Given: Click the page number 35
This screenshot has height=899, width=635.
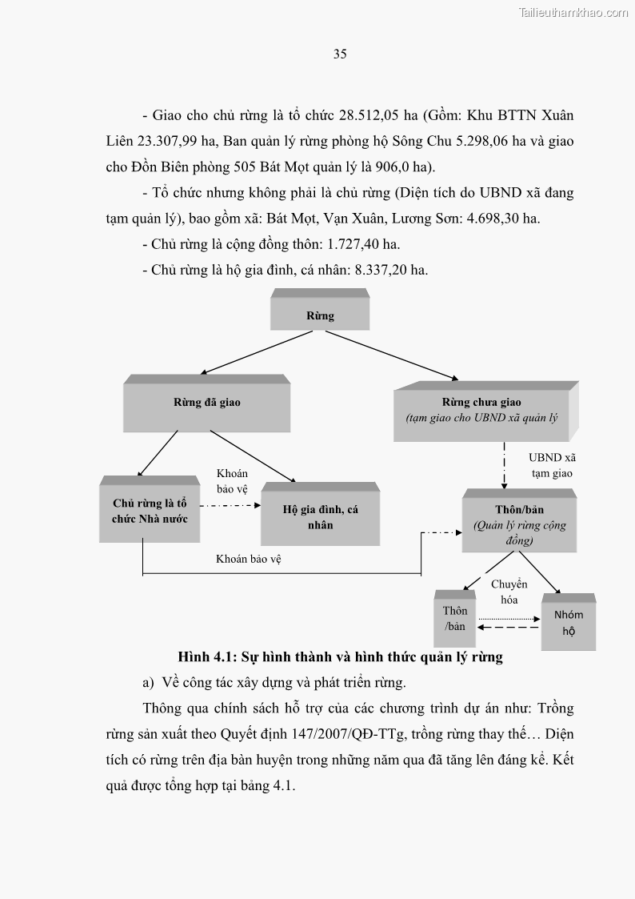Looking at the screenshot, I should coord(340,54).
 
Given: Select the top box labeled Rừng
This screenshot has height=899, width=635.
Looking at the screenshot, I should coord(320,315).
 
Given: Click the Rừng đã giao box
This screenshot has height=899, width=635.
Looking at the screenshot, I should coord(206,403).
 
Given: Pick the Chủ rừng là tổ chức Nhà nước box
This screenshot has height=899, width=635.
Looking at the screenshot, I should coord(150,511).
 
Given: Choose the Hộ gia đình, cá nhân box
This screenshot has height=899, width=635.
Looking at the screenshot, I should coord(320,517).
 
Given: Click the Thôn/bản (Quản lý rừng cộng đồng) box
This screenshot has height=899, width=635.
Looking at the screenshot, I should coord(519,524).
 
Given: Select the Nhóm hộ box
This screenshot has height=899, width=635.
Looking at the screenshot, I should coord(569,622).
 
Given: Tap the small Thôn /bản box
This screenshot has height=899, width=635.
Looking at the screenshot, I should coord(455,618).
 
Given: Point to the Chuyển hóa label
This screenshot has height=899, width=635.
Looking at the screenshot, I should coord(509,592).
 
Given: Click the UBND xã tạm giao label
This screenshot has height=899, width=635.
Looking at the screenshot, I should coord(552,465).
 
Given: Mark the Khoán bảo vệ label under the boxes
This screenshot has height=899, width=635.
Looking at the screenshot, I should coord(249,560).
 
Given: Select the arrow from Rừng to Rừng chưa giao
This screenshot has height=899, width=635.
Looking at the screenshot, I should coord(392,355).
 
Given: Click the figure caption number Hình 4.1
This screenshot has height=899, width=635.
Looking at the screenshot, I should coord(205,657).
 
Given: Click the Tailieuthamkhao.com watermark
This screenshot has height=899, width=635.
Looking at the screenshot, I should coord(573,12).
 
